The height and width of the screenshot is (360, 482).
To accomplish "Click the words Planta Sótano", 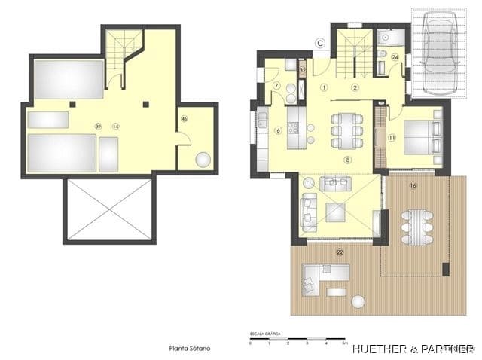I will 189,349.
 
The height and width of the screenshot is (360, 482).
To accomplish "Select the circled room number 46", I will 185,118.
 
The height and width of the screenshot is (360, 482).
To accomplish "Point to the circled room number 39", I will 98,126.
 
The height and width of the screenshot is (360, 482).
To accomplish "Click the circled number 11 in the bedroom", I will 392,138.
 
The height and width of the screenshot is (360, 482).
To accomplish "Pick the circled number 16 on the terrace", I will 413,185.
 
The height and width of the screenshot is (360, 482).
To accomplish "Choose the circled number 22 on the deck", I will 340,252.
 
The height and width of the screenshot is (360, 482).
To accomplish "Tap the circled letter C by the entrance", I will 320,43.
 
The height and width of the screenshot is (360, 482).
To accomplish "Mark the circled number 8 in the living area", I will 348,160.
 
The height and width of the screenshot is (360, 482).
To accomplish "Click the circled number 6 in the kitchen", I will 278,130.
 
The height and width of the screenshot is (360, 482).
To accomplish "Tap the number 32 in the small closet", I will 302,69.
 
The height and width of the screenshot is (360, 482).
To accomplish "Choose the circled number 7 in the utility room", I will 276,85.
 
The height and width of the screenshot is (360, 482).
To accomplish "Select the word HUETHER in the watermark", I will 380,349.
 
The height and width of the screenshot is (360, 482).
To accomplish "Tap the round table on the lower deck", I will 358,301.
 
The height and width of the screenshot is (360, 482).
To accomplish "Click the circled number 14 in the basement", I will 115,126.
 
